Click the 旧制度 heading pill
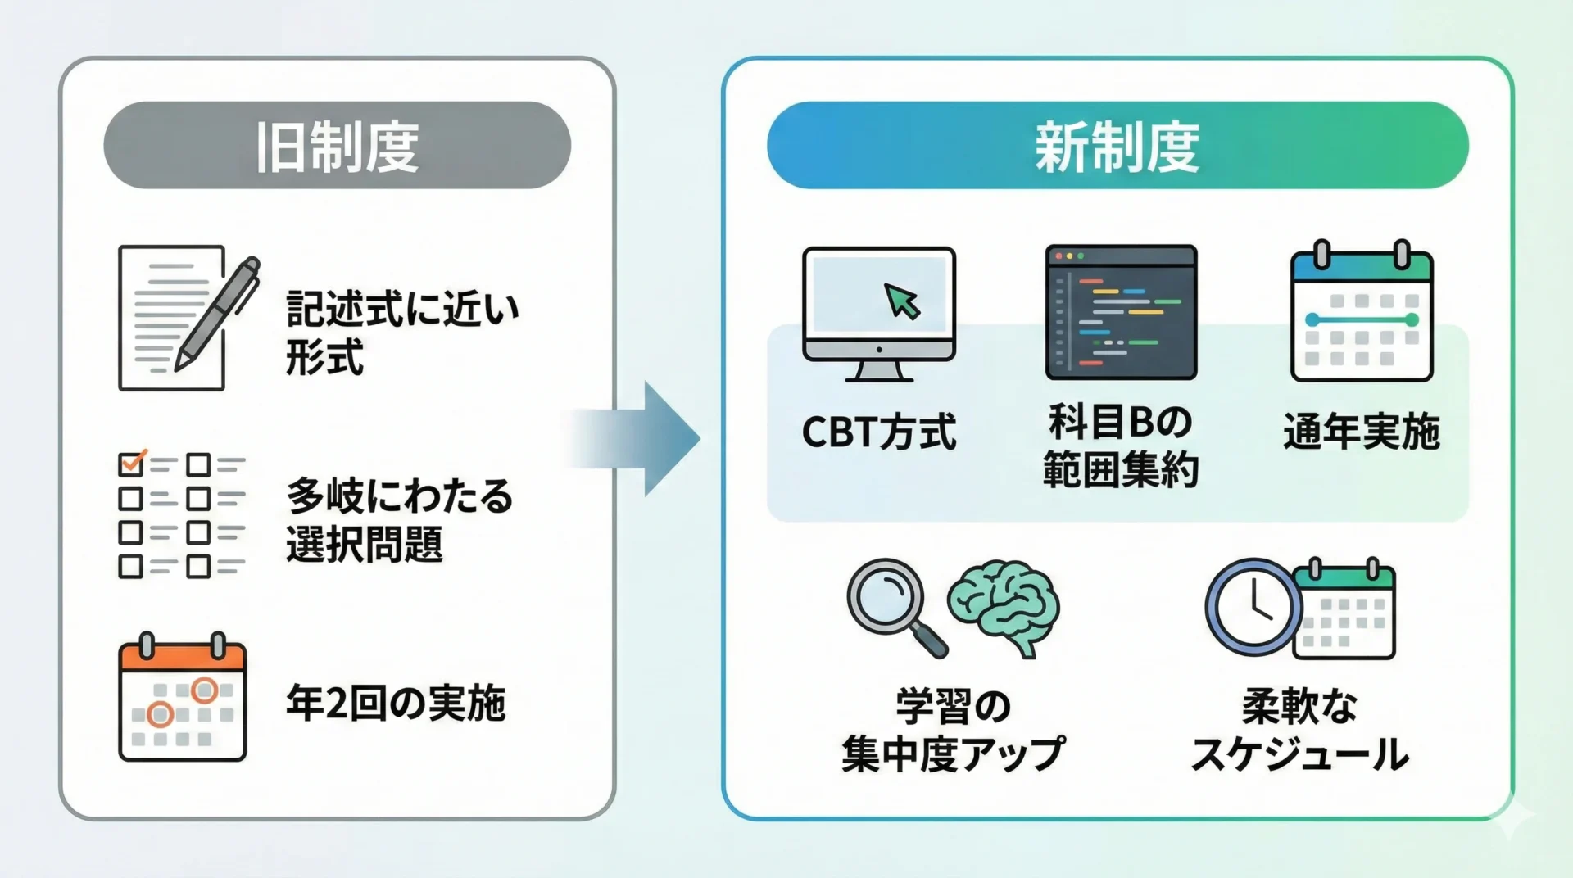click(337, 146)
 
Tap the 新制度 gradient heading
click(1117, 146)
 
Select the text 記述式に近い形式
click(401, 333)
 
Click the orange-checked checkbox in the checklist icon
click(131, 463)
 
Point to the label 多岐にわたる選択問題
click(399, 519)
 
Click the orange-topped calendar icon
click(182, 697)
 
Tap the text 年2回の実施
click(395, 703)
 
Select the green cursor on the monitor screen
click(902, 301)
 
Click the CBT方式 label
click(878, 432)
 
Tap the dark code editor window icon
click(1120, 312)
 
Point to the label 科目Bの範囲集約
click(1120, 446)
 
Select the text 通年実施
click(1361, 432)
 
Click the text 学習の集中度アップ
click(952, 730)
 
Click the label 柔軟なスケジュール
click(1299, 730)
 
